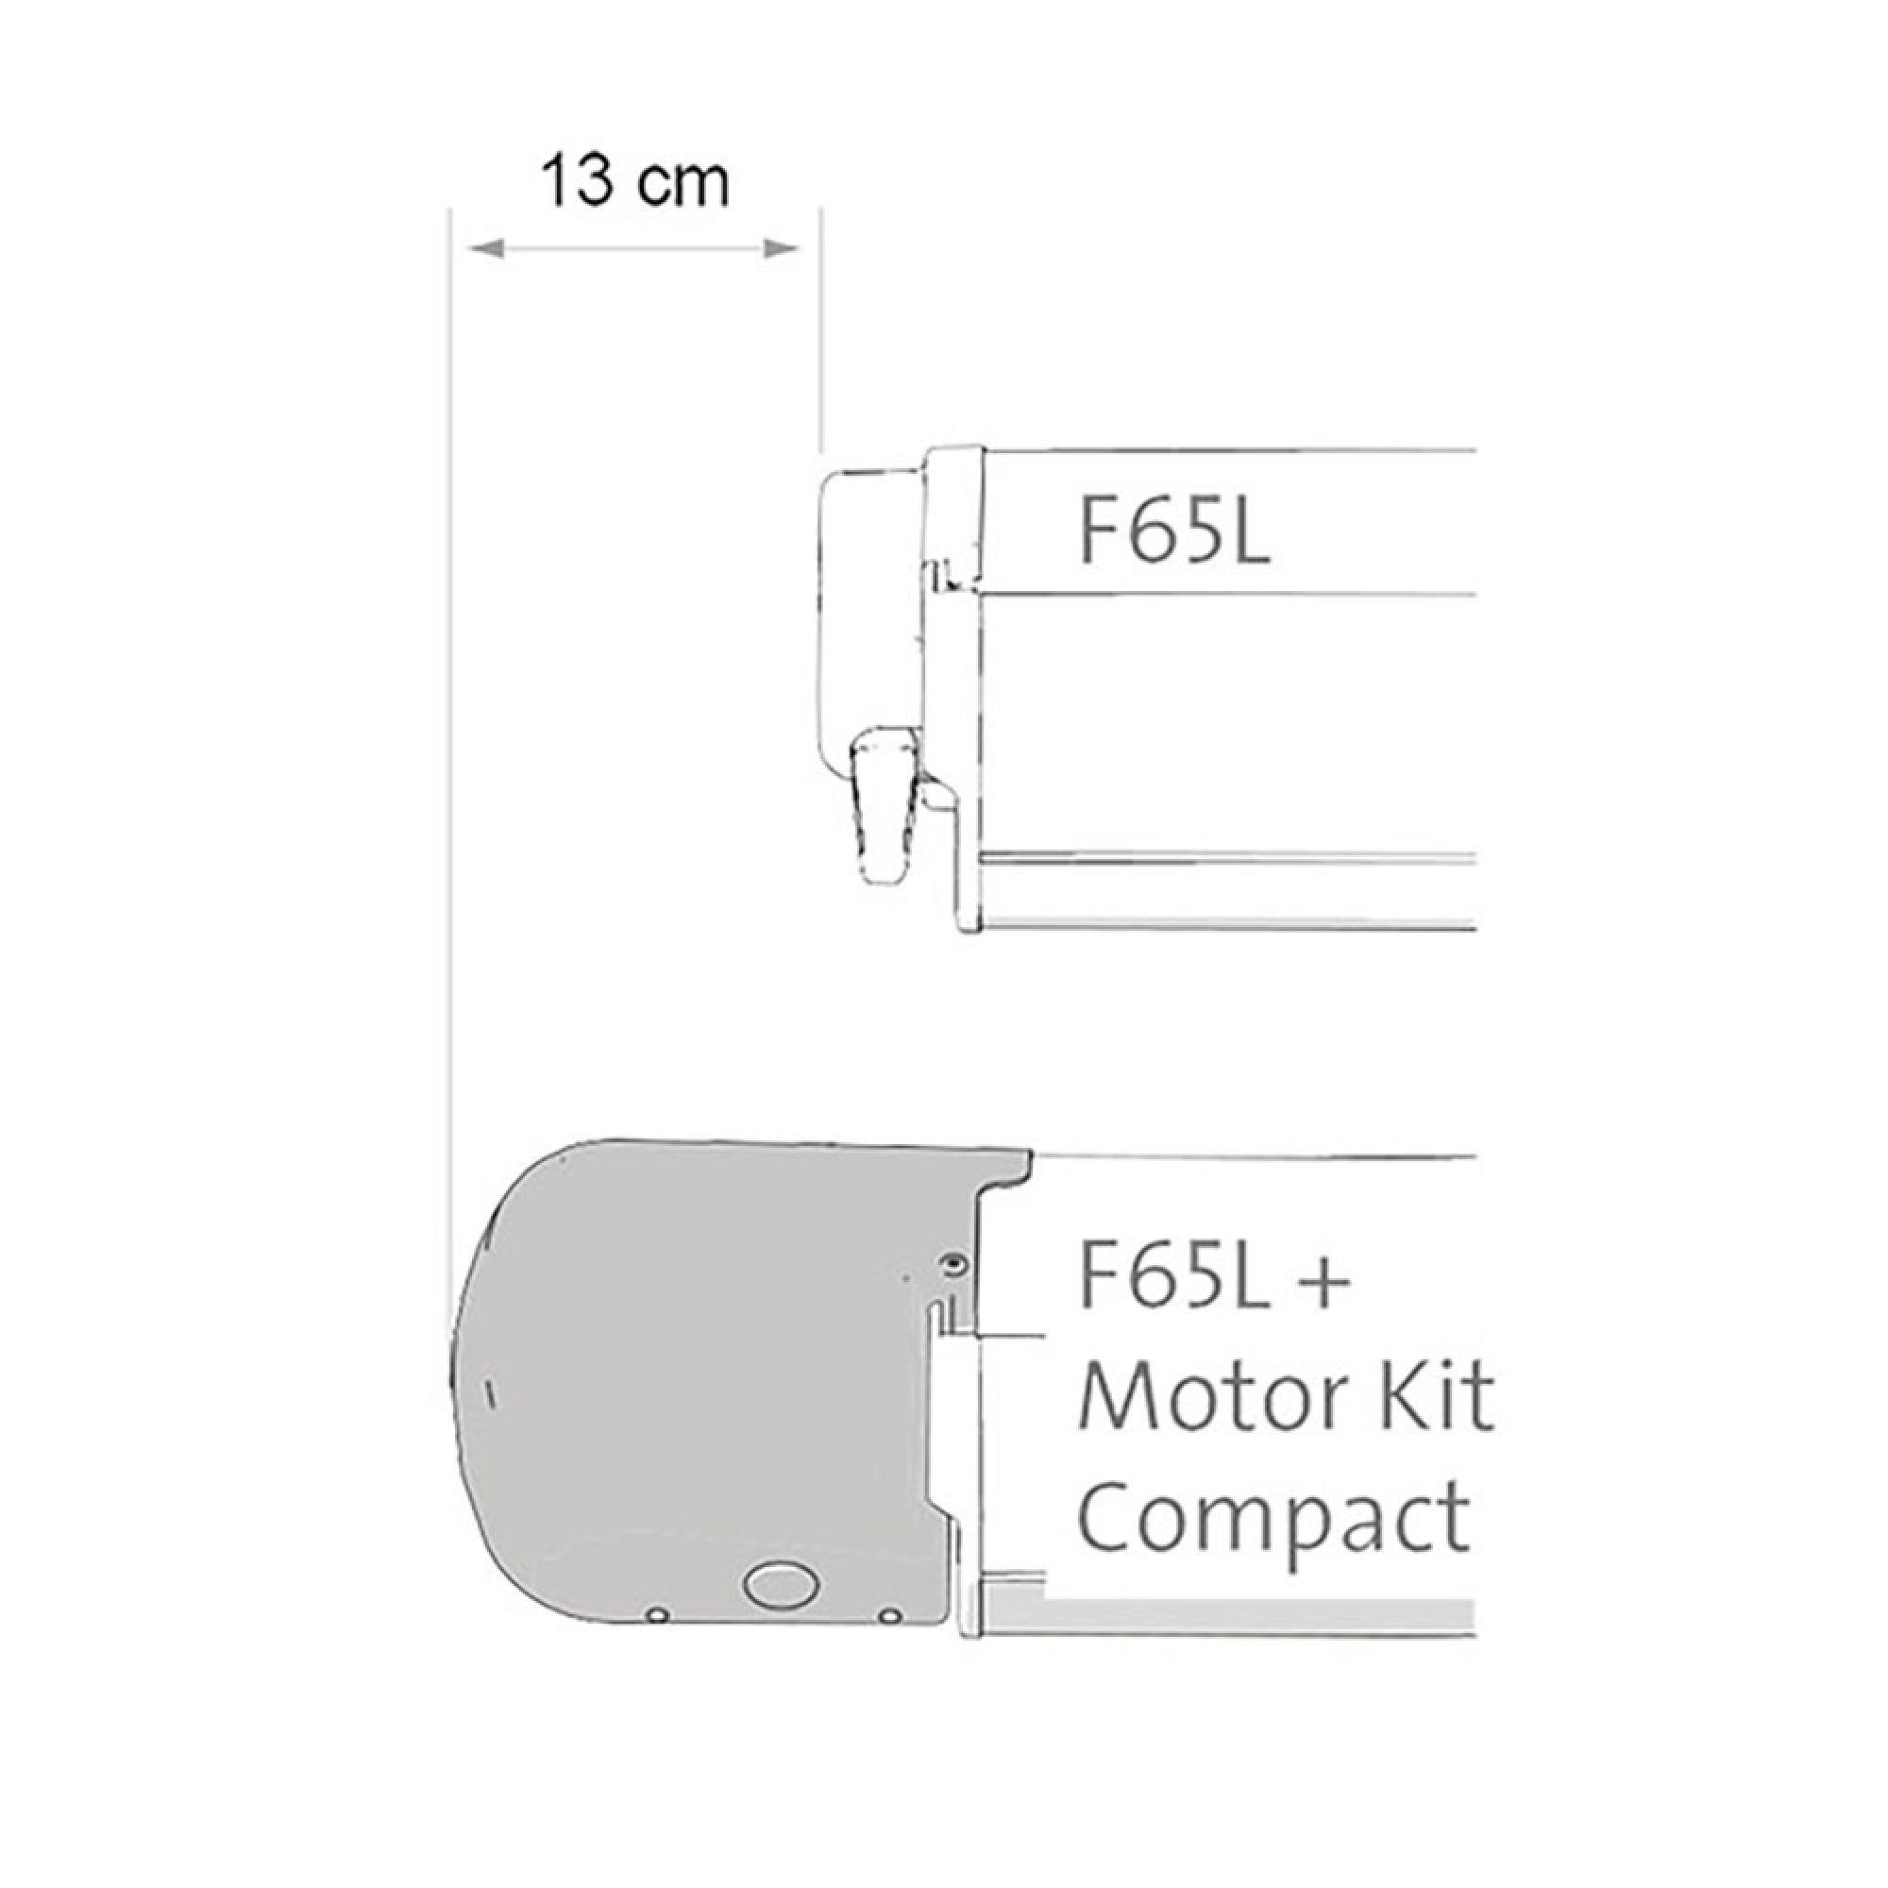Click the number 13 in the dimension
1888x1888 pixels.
577,181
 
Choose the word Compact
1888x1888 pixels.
1273,1520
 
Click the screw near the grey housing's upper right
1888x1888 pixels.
952,1267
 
